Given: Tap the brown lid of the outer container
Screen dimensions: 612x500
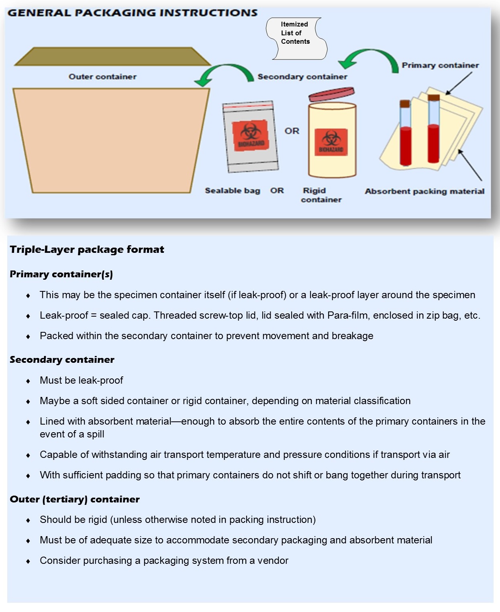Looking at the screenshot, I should tap(112, 56).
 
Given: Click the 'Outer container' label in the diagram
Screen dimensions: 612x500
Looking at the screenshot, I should tap(102, 77).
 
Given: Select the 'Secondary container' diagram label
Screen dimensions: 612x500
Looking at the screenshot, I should tap(302, 77).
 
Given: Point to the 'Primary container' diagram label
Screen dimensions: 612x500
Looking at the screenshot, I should tap(440, 65).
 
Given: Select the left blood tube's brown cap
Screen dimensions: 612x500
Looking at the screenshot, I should tap(405, 104).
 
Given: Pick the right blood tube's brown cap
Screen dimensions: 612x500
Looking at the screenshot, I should tap(433, 98).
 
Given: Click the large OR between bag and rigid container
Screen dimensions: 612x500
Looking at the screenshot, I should tap(292, 131).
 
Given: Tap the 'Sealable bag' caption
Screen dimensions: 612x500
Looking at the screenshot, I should tap(233, 191).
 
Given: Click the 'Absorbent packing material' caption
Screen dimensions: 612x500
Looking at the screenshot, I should tap(424, 191).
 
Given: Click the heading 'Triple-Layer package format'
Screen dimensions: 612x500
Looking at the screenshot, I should tap(87, 250).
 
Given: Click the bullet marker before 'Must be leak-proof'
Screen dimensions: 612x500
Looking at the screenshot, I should tap(28, 381).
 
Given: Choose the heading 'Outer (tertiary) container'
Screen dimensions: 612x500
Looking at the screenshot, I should tap(75, 499).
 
